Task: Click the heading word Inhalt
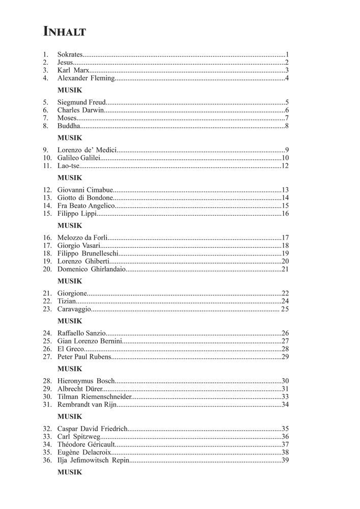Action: point(65,32)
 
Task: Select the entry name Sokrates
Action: point(70,54)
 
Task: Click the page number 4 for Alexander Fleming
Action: point(287,78)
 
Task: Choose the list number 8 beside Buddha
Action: point(45,126)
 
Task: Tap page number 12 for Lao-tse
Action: point(285,166)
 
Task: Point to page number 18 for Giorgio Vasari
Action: point(285,245)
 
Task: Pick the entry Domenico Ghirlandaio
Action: point(90,269)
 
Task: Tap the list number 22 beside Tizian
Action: point(47,301)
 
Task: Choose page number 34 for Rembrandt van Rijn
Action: point(285,405)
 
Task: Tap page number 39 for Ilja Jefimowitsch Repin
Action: point(285,460)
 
